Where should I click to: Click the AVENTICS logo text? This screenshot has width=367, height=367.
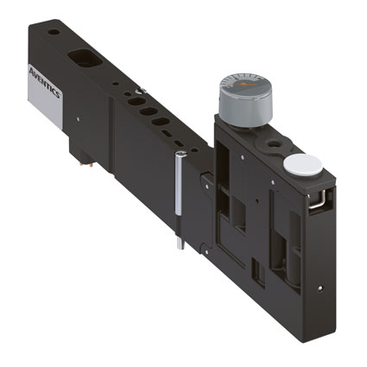click(45, 82)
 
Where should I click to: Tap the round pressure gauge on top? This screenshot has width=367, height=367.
click(245, 98)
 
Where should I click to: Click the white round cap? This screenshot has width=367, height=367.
click(302, 164)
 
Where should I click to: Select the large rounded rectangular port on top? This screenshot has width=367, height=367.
click(85, 57)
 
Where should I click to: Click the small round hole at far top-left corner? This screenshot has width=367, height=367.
click(54, 32)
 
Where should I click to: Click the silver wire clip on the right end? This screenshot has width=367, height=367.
click(317, 199)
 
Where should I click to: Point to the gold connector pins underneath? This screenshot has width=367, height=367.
click(86, 165)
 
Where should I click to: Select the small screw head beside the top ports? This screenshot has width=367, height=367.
click(140, 92)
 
